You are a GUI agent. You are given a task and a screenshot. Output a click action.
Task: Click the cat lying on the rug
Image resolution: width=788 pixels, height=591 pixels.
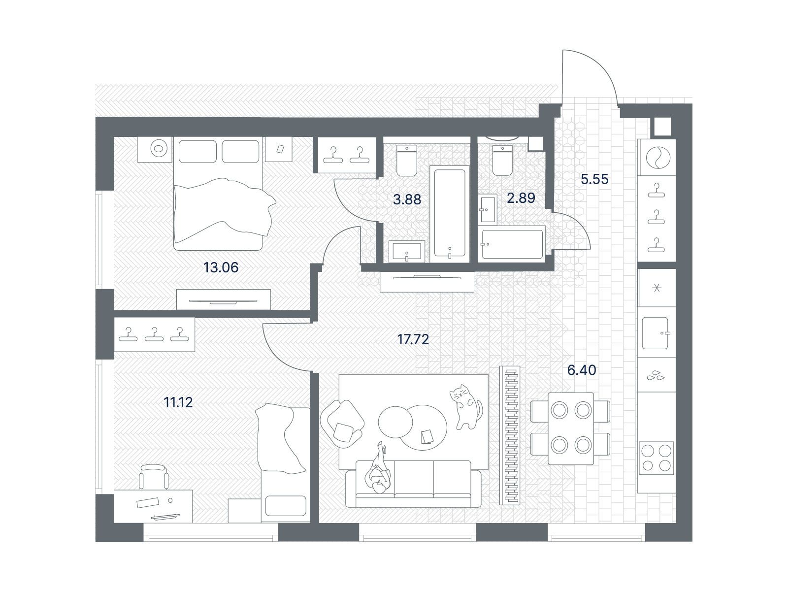click(466, 407)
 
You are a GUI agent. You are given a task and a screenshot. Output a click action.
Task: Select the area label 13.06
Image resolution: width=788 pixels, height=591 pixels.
click(221, 267)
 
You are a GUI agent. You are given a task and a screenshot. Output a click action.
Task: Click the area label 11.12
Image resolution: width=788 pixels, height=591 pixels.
click(178, 402)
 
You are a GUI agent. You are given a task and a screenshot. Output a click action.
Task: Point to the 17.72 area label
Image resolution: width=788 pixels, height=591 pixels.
click(413, 339)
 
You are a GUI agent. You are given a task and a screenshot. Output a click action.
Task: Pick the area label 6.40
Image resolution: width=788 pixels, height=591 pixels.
click(582, 370)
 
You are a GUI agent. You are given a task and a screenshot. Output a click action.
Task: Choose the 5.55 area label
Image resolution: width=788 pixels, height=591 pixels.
click(594, 179)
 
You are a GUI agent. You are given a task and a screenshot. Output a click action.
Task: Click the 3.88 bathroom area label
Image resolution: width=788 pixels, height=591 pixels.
click(407, 199)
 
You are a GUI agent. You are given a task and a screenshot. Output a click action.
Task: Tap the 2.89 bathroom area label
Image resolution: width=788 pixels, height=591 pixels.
click(521, 197)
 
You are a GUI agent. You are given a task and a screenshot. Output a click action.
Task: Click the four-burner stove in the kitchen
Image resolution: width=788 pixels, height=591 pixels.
click(657, 458)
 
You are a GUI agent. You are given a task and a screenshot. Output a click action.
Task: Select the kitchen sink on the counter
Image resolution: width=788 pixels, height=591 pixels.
click(656, 333)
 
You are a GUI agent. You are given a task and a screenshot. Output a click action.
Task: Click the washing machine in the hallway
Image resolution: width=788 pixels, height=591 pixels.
click(657, 158)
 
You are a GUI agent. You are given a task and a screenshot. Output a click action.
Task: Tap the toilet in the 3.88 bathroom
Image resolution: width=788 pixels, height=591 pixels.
click(407, 161)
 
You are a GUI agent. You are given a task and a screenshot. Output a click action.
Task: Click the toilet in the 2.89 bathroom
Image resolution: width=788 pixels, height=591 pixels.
click(503, 160)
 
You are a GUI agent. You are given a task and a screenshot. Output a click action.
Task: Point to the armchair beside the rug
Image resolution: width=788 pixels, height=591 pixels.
click(342, 424)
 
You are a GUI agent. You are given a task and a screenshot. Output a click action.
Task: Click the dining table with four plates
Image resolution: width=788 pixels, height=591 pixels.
click(570, 428)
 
